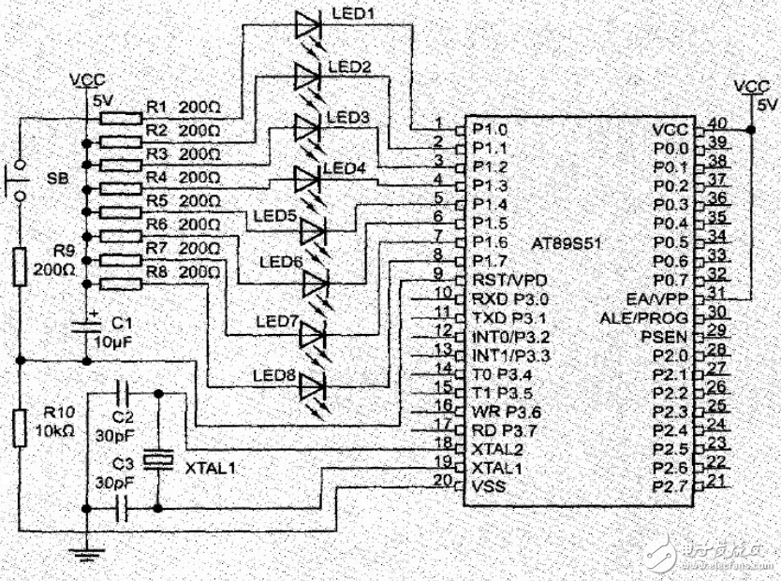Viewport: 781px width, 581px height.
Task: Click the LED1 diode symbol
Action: click(x=308, y=25)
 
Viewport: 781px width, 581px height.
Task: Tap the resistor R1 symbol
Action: click(x=118, y=118)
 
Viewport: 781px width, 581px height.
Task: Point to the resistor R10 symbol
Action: click(x=20, y=427)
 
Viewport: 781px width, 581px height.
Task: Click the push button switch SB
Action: click(x=19, y=182)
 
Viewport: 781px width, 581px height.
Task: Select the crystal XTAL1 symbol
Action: click(x=156, y=460)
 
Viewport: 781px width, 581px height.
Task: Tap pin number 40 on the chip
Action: click(x=718, y=123)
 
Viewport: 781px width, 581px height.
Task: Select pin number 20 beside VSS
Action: click(x=442, y=481)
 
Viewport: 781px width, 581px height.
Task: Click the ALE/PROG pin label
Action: click(x=645, y=317)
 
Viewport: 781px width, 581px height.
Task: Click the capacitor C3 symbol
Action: click(x=121, y=508)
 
